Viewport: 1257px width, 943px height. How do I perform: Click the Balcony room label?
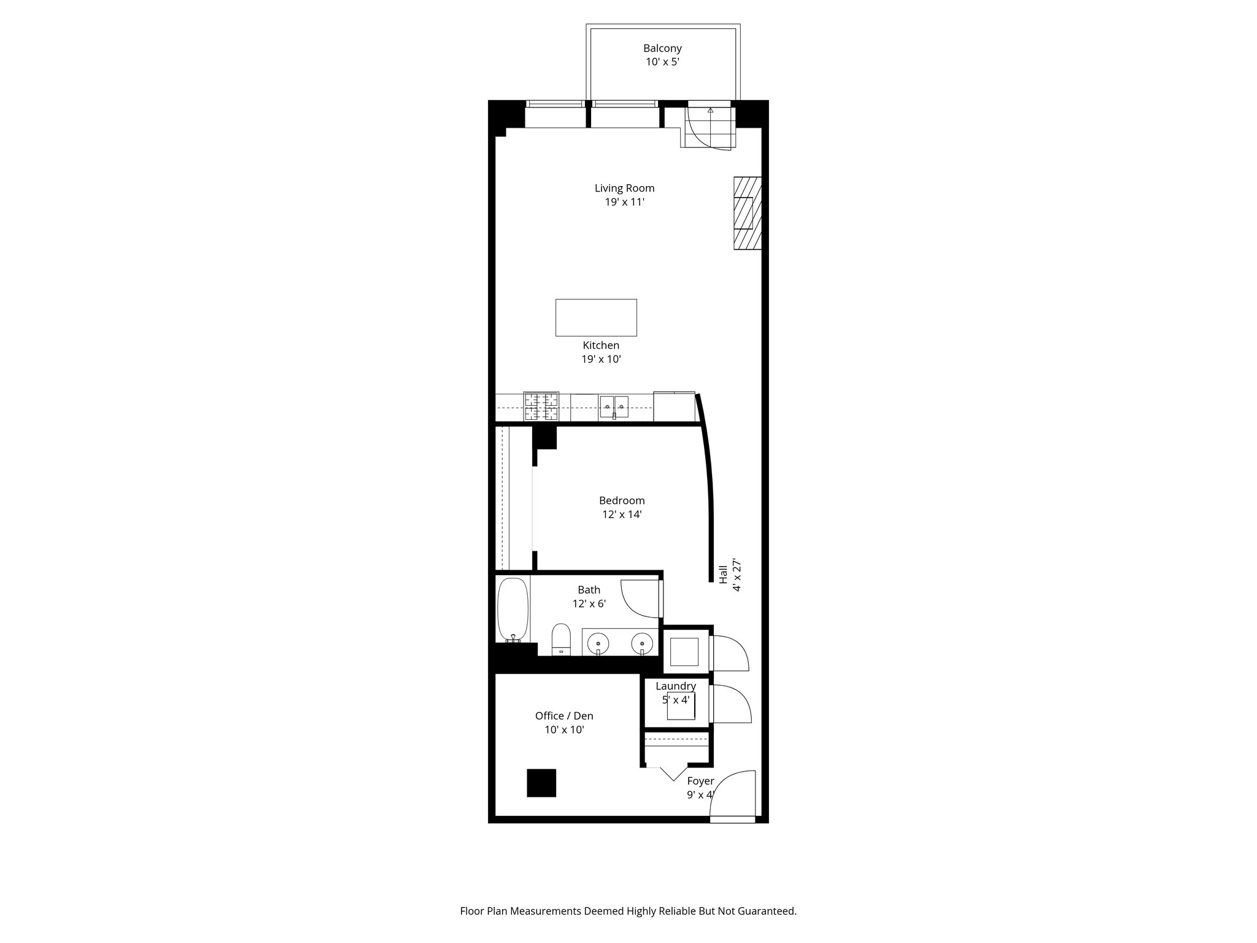click(x=662, y=48)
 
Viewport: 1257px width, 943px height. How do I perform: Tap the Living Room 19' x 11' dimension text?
click(x=624, y=202)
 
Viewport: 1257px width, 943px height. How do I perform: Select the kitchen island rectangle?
click(x=596, y=317)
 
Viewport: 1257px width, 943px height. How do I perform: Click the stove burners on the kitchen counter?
click(x=541, y=406)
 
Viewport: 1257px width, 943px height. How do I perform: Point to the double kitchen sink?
click(x=614, y=406)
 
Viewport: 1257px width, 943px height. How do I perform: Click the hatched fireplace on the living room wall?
click(x=747, y=213)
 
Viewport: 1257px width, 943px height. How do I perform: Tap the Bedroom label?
click(x=622, y=500)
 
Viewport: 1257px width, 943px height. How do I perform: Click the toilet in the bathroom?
click(x=561, y=639)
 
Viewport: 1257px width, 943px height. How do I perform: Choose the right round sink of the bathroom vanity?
click(x=641, y=644)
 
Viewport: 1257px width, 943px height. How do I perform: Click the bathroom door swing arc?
click(x=638, y=599)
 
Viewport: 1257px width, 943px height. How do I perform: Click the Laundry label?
click(x=676, y=686)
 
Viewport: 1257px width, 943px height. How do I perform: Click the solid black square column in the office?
click(x=541, y=783)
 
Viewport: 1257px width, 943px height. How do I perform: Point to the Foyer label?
click(x=700, y=781)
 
